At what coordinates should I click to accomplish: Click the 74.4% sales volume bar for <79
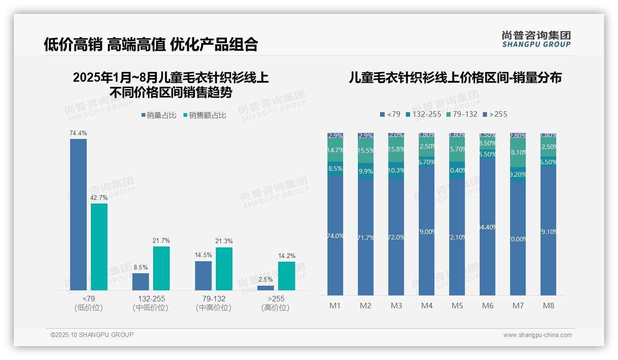pyautogui.click(x=78, y=215)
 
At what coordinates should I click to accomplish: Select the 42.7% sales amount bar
pyautogui.click(x=99, y=247)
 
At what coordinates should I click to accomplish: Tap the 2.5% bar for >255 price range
pyautogui.click(x=265, y=288)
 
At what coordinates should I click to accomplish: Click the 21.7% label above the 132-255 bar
pyautogui.click(x=161, y=240)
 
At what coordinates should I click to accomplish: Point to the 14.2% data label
pyautogui.click(x=286, y=256)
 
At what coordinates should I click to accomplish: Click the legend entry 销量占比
pyautogui.click(x=158, y=115)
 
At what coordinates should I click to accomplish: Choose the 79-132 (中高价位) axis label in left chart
pyautogui.click(x=214, y=303)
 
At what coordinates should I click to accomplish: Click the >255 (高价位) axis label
pyautogui.click(x=275, y=303)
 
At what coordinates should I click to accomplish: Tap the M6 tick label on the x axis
pyautogui.click(x=488, y=306)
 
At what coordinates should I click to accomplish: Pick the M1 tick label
pyautogui.click(x=335, y=306)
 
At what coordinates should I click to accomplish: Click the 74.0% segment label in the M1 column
pyautogui.click(x=335, y=236)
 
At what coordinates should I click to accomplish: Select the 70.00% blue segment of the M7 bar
pyautogui.click(x=518, y=239)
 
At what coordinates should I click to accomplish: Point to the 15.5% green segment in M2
pyautogui.click(x=366, y=151)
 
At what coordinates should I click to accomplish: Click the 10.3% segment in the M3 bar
pyautogui.click(x=396, y=170)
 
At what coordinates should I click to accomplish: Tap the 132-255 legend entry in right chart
pyautogui.click(x=423, y=114)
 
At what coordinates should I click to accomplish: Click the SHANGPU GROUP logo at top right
pyautogui.click(x=536, y=39)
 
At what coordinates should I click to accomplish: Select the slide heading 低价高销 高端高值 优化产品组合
pyautogui.click(x=151, y=44)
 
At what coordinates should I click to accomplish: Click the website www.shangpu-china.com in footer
pyautogui.click(x=537, y=335)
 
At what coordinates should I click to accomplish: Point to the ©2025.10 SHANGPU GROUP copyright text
pyautogui.click(x=92, y=335)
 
